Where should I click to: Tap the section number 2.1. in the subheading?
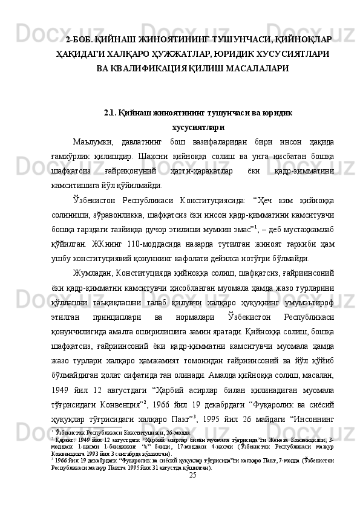click(113, 113)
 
